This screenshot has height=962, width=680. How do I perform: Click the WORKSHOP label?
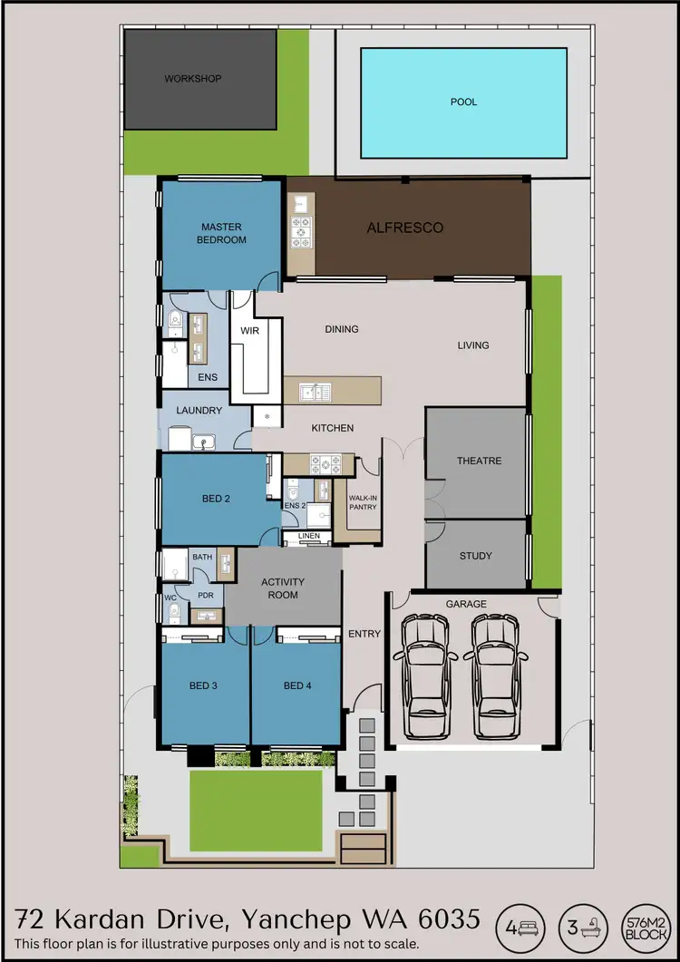[192, 79]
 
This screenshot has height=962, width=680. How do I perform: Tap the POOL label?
[463, 102]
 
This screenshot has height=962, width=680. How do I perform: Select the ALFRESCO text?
[405, 228]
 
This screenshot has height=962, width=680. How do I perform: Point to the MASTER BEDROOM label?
[223, 233]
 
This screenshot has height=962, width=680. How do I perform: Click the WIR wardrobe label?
[249, 331]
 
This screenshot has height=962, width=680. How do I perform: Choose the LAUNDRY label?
[199, 411]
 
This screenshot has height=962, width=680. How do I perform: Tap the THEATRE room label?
[479, 461]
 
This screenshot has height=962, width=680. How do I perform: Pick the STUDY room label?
[475, 556]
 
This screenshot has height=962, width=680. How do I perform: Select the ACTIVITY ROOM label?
[283, 588]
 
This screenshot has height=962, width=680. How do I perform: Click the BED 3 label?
[203, 685]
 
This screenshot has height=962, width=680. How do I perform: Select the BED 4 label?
[297, 685]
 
